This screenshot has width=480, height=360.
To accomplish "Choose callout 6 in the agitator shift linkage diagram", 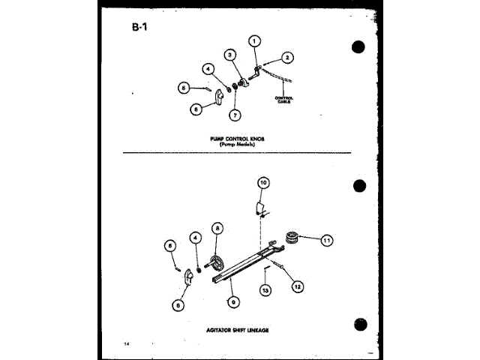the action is click(x=178, y=304).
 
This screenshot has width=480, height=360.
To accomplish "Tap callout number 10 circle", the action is click(x=262, y=182).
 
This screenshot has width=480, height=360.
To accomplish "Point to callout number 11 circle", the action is click(x=327, y=240).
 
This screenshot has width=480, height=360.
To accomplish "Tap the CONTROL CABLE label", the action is click(x=283, y=99).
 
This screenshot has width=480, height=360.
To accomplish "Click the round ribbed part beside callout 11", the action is click(x=295, y=238).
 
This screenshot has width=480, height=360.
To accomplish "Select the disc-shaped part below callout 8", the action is click(x=218, y=263).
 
